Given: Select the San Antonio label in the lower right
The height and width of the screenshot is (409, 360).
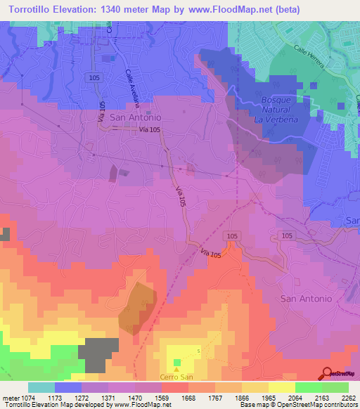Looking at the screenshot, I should tap(306, 299).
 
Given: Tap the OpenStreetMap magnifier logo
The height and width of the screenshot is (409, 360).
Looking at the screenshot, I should tap(327, 373).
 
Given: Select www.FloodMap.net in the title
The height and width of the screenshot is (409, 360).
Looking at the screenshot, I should tap(262, 9).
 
